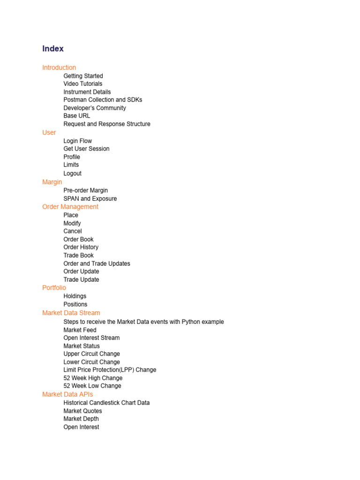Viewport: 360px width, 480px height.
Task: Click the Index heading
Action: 53,49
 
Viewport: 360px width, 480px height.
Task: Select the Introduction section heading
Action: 59,67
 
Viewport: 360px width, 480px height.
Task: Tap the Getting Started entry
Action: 83,76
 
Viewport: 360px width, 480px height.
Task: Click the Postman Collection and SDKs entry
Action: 103,100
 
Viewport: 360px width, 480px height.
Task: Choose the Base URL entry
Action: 77,116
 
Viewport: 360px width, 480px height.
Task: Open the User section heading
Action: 49,133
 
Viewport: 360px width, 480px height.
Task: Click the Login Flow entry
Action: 78,141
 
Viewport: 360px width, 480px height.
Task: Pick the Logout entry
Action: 73,173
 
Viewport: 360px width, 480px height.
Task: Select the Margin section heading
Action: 52,182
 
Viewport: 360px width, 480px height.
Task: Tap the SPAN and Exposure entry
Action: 90,199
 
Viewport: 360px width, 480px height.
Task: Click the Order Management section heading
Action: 70,207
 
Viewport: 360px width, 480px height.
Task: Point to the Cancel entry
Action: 73,231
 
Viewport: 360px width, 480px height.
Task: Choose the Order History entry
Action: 81,247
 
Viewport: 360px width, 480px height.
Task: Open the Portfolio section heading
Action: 54,288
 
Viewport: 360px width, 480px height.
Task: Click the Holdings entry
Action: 75,296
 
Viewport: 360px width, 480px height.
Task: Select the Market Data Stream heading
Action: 71,313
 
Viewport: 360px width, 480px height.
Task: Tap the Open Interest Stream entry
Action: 91,338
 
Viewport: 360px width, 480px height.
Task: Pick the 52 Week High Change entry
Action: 93,378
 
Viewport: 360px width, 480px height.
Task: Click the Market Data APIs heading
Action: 67,394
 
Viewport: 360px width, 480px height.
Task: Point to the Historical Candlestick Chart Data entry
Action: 107,403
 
